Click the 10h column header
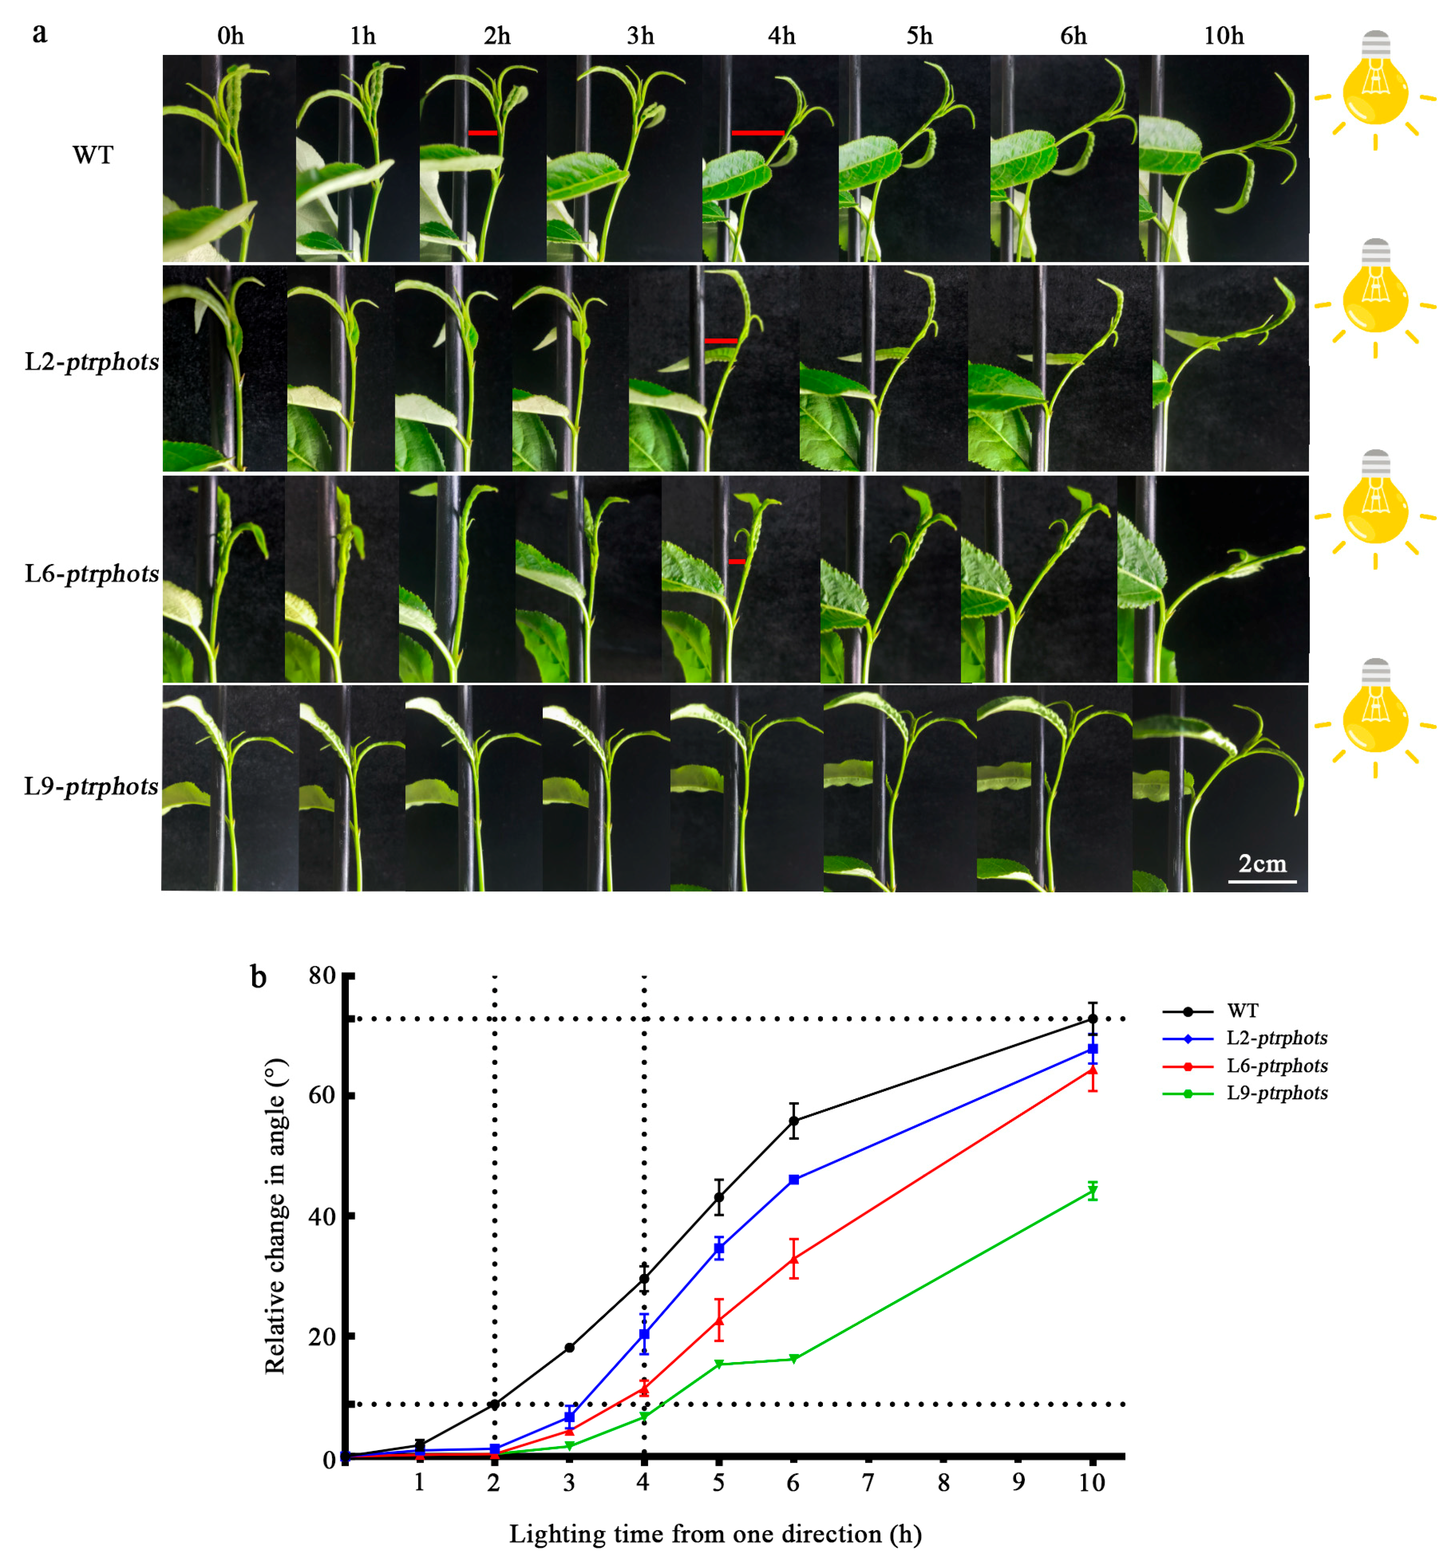1223,36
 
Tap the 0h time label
230,36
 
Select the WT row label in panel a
93,155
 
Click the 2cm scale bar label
1262,864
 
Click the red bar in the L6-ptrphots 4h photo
736,561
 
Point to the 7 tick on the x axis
868,1482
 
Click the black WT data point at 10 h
1092,1019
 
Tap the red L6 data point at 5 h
719,1320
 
